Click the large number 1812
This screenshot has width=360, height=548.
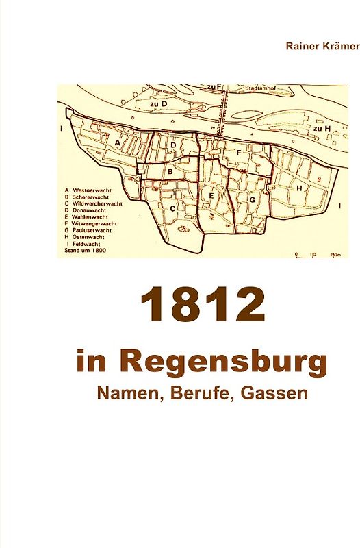click(x=203, y=306)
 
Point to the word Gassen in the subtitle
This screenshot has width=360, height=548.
click(x=270, y=395)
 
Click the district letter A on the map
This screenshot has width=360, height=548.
click(x=118, y=142)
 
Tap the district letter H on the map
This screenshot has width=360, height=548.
click(x=300, y=187)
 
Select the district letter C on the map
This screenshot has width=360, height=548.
click(x=172, y=208)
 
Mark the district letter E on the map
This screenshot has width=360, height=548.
click(x=212, y=197)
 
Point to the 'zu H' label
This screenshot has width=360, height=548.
click(x=322, y=128)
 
